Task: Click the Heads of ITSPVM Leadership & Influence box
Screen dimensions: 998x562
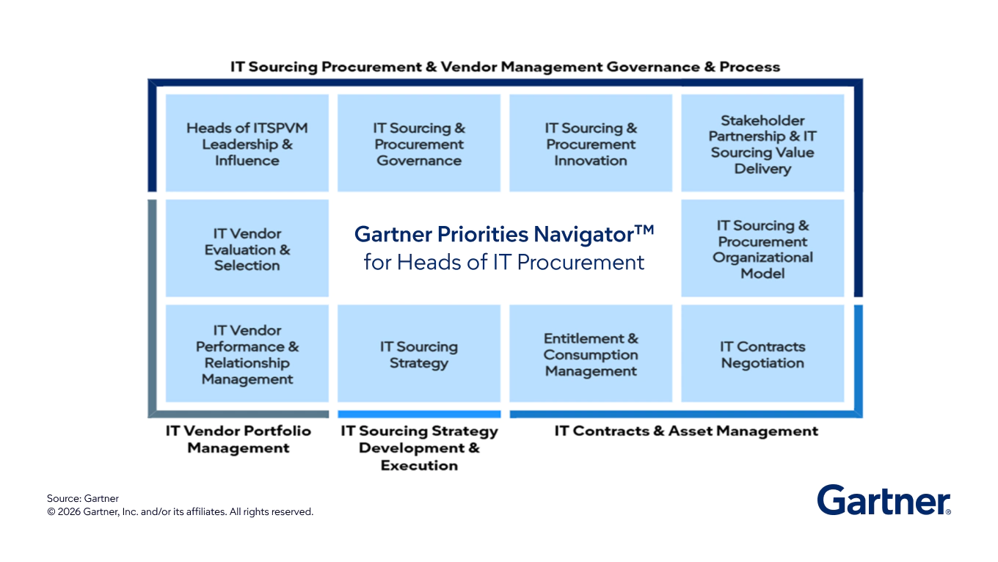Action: [247, 143]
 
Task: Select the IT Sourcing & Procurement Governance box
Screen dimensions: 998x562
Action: [419, 143]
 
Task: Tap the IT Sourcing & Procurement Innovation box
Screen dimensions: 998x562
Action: [591, 143]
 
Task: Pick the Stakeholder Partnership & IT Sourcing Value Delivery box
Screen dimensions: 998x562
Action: [762, 143]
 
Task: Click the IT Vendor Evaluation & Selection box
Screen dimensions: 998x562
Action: [247, 248]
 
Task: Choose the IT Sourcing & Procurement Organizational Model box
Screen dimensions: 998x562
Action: [762, 248]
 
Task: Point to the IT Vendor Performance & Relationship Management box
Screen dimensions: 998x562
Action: [247, 354]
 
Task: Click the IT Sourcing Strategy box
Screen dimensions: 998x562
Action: [419, 354]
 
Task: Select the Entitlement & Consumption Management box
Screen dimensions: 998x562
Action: [591, 354]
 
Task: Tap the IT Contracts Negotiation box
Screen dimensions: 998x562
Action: [762, 354]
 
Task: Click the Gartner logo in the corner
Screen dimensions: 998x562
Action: [884, 500]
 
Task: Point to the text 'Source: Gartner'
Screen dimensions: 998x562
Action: [83, 498]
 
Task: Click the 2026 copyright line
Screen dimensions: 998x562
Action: [180, 511]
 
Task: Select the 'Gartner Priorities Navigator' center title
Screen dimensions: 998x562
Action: [504, 234]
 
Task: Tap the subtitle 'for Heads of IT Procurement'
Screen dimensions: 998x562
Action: [504, 262]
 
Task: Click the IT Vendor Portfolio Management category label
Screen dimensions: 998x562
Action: [238, 439]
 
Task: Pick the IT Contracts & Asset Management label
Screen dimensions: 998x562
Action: [686, 431]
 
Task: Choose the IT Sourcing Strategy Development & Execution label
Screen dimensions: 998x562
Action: [419, 448]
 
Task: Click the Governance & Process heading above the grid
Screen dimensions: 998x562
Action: [505, 67]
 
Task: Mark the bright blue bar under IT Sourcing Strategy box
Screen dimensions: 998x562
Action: [419, 414]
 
